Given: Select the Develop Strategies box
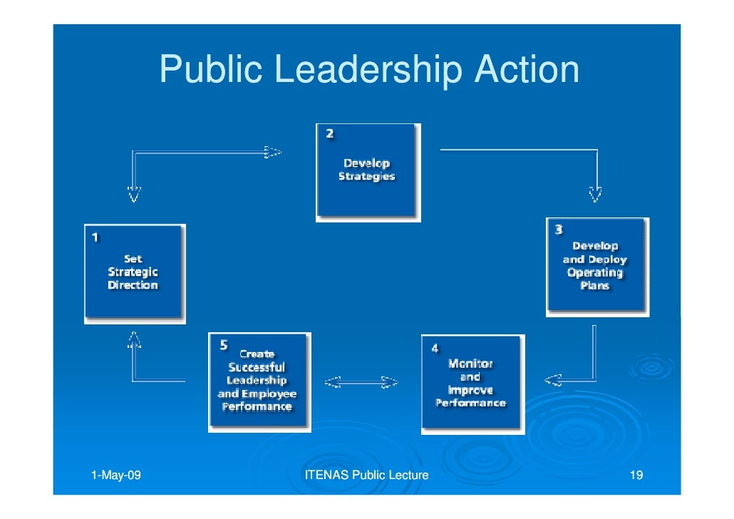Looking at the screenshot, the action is [368, 172].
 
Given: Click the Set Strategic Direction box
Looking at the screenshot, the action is [134, 273].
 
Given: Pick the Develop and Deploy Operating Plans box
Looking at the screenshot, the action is [596, 267].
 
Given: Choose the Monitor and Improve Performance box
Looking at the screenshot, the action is [471, 384].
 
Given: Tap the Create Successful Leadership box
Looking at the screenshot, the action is [259, 381].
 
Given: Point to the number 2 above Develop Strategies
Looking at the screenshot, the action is [329, 133].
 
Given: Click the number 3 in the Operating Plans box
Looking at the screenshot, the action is [559, 229].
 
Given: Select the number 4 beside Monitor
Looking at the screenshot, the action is [435, 348].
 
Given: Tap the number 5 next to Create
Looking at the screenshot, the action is [223, 345].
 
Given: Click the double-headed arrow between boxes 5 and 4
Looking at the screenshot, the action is [361, 383].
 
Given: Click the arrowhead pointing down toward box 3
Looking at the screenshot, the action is [595, 193].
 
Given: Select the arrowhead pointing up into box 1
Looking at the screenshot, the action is [133, 339].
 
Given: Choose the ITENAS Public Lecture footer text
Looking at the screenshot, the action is [366, 476].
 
